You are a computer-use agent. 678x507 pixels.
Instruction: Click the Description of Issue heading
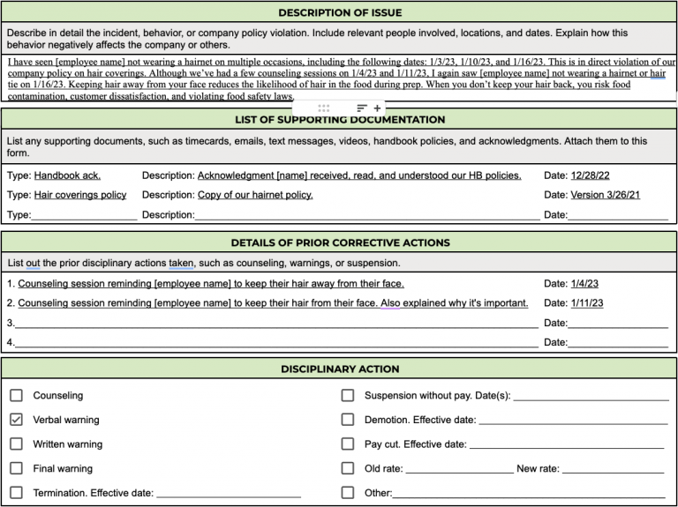(340, 12)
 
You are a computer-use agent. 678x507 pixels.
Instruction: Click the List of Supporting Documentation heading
(340, 120)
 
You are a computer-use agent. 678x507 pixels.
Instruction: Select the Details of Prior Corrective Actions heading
(340, 242)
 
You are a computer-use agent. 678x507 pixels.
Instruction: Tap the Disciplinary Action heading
(340, 369)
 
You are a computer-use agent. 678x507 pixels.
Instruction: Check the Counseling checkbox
(16, 396)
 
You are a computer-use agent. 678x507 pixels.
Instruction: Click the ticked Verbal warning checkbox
(16, 420)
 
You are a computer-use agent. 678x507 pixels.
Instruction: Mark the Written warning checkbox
(16, 444)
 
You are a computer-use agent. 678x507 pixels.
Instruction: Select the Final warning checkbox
(16, 468)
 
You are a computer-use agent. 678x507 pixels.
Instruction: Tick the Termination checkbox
(16, 493)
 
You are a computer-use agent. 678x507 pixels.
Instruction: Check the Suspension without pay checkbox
(348, 396)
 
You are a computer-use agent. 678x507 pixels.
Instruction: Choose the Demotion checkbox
(348, 420)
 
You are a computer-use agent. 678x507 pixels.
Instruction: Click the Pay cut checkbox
(348, 444)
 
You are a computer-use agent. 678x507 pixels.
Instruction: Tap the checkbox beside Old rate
(348, 468)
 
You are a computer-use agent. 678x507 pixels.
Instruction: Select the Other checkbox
(348, 493)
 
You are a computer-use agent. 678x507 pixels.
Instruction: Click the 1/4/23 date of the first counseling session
(584, 284)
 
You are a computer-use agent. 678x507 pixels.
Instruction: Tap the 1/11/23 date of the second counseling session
(587, 303)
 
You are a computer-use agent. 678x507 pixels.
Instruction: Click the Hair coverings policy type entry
(79, 195)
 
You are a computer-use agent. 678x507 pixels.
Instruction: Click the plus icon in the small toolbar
(378, 108)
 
